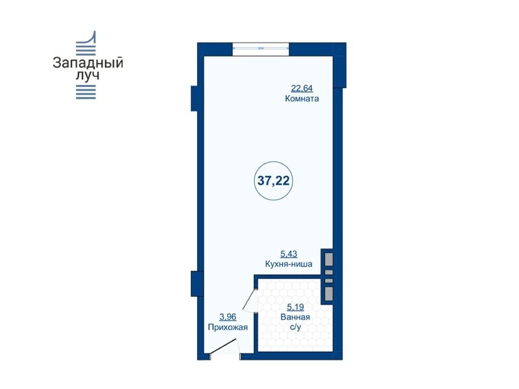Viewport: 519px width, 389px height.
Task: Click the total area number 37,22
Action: click(x=273, y=181)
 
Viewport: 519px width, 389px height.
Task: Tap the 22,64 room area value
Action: click(x=302, y=88)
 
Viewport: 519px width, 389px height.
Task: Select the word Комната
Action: click(x=302, y=99)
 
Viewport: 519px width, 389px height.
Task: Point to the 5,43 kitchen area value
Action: click(x=289, y=254)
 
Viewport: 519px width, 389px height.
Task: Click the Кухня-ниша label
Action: click(x=289, y=265)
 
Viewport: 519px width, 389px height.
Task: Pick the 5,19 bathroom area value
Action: click(x=295, y=307)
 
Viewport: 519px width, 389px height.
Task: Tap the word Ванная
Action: click(x=295, y=317)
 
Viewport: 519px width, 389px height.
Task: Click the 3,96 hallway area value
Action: click(x=228, y=317)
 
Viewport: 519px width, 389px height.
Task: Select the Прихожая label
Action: click(x=228, y=327)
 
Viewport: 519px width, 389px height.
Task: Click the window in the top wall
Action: click(x=261, y=49)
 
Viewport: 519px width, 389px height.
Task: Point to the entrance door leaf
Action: click(x=223, y=346)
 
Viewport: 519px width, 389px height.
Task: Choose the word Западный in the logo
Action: click(x=88, y=63)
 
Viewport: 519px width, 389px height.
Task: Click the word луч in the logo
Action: click(x=88, y=75)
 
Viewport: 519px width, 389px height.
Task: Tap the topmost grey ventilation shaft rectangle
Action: click(x=329, y=259)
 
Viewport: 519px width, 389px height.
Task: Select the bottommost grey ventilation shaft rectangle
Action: click(x=329, y=294)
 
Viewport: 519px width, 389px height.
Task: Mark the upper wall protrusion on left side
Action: click(x=194, y=99)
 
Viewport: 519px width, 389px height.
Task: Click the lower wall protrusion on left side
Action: click(x=194, y=283)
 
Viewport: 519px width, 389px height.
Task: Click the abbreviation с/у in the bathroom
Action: click(x=296, y=327)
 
